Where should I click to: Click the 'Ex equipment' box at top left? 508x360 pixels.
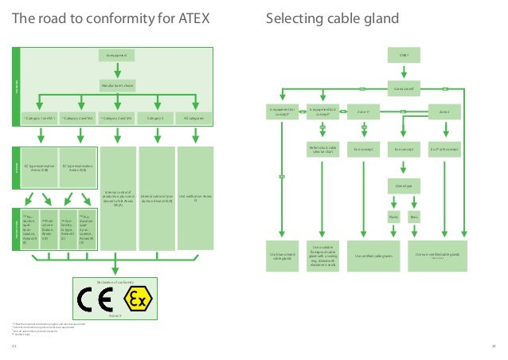117,55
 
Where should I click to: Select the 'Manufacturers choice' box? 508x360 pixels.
117,84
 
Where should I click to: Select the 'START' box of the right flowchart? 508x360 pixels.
404,55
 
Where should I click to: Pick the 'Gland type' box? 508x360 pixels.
404,183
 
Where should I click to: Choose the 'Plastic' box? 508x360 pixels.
393,216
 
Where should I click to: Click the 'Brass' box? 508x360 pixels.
414,216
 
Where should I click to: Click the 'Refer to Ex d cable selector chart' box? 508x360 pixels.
322,149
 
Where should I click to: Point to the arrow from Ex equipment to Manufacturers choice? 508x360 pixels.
117,69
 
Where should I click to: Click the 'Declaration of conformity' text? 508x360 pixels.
116,282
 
